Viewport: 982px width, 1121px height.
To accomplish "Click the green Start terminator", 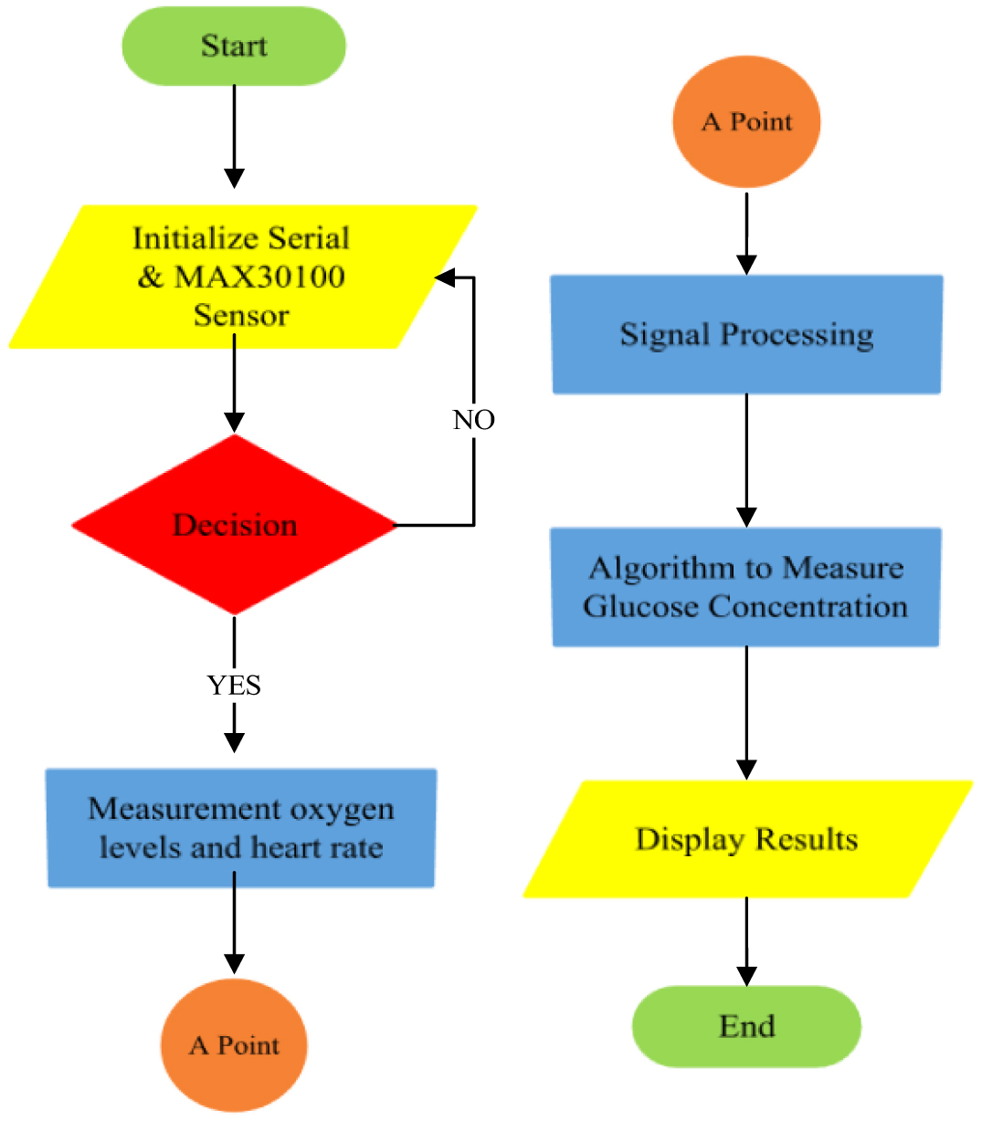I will tap(234, 46).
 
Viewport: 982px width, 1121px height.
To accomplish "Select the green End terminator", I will tap(746, 1026).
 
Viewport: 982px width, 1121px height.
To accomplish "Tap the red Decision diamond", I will tap(235, 525).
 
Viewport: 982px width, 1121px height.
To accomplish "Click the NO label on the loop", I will tap(474, 420).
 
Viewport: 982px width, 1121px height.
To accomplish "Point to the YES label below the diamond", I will tap(234, 685).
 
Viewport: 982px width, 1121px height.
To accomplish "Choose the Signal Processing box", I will tap(746, 334).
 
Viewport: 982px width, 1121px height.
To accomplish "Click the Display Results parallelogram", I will tap(746, 839).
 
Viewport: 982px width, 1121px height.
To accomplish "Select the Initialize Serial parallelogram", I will tap(241, 276).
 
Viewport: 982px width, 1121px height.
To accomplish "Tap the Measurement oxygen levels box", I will tap(241, 828).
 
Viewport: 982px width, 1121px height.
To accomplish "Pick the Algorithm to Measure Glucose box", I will tap(745, 587).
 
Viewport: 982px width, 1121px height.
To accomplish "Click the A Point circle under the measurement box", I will tap(234, 1045).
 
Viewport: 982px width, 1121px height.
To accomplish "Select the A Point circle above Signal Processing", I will tap(746, 121).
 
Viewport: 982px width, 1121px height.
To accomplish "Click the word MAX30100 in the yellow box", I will tap(260, 277).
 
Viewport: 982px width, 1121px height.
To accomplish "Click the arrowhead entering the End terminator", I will tap(746, 976).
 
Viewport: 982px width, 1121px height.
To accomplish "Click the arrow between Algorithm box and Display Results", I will tap(746, 712).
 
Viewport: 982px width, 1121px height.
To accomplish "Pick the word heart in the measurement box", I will tap(283, 848).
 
